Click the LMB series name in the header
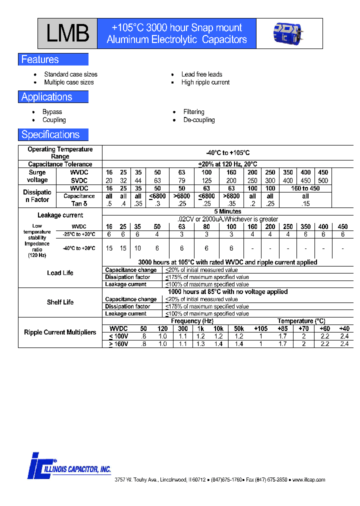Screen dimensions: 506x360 click(x=68, y=34)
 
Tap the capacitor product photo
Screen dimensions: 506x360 click(x=289, y=33)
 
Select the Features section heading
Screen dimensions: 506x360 click(x=40, y=59)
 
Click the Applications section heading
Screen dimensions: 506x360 click(x=47, y=97)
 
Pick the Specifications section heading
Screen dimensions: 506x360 click(x=50, y=134)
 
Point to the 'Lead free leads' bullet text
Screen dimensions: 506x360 click(x=201, y=74)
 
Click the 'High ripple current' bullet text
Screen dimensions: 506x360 click(x=205, y=82)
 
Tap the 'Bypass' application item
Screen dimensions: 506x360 click(x=52, y=112)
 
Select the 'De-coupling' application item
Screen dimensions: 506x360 click(x=199, y=120)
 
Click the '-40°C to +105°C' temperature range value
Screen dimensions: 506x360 click(x=227, y=153)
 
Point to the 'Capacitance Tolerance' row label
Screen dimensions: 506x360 click(x=60, y=164)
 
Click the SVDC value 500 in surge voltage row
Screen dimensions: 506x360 click(x=323, y=180)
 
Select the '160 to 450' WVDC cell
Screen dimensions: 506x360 click(x=305, y=188)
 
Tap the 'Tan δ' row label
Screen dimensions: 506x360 click(x=79, y=203)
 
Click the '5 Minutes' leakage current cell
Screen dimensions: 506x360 click(x=227, y=212)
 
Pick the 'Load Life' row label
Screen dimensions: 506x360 click(x=60, y=273)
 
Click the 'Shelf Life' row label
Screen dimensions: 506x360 click(x=60, y=302)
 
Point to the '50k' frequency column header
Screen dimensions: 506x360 click(x=238, y=328)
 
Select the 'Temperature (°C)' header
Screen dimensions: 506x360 click(x=301, y=321)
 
